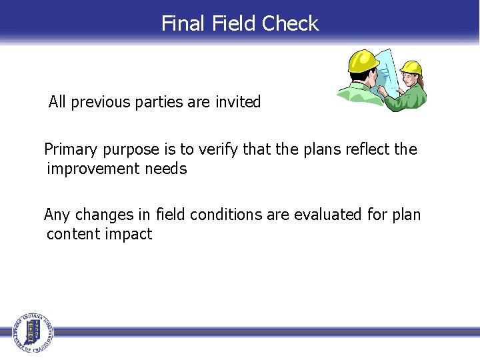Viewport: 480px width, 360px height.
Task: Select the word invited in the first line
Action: (x=238, y=103)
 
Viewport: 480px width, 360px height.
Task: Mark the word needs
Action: (x=166, y=169)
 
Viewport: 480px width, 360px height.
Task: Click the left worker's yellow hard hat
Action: (x=363, y=61)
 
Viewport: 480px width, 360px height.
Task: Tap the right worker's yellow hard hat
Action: (x=411, y=67)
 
